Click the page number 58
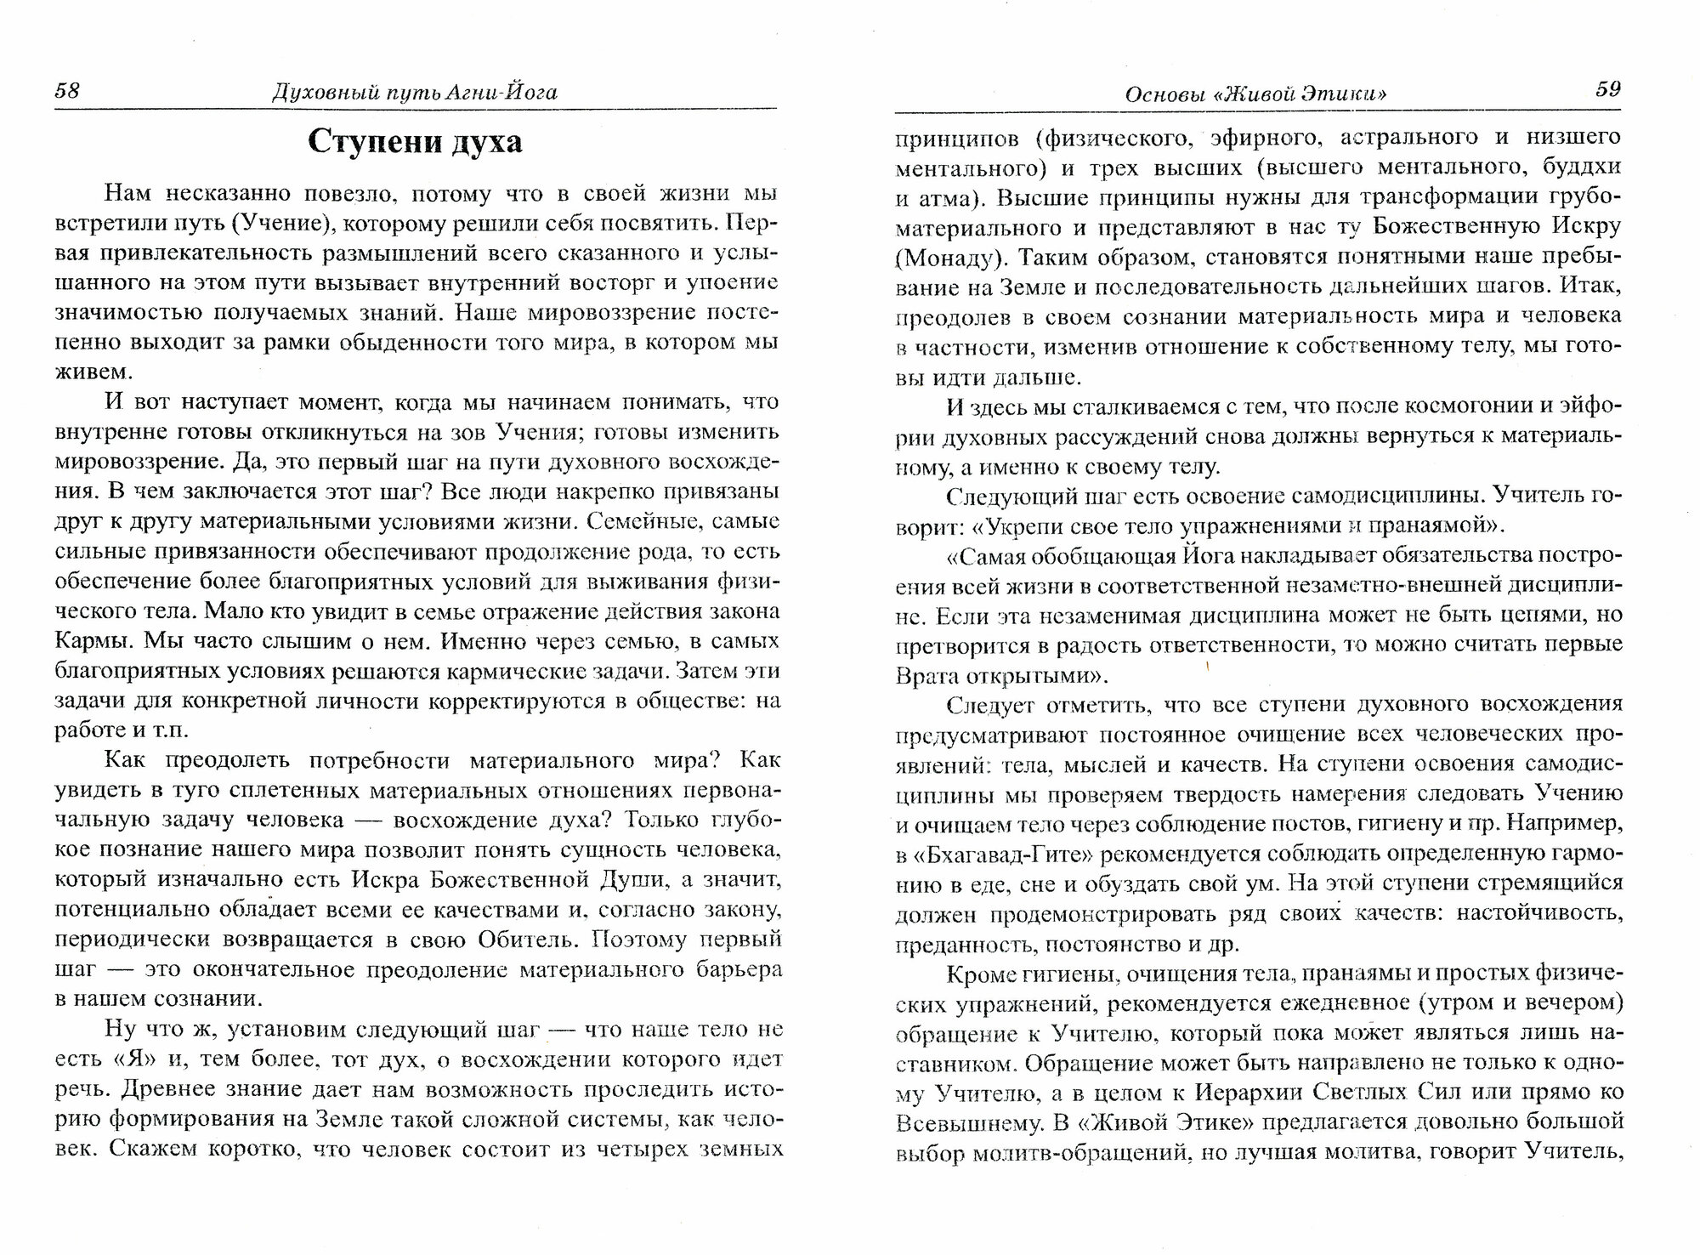[67, 90]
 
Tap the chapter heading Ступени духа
[415, 141]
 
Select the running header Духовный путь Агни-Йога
[415, 92]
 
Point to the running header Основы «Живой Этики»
[1255, 94]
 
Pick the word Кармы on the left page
[88, 641]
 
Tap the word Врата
[927, 676]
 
